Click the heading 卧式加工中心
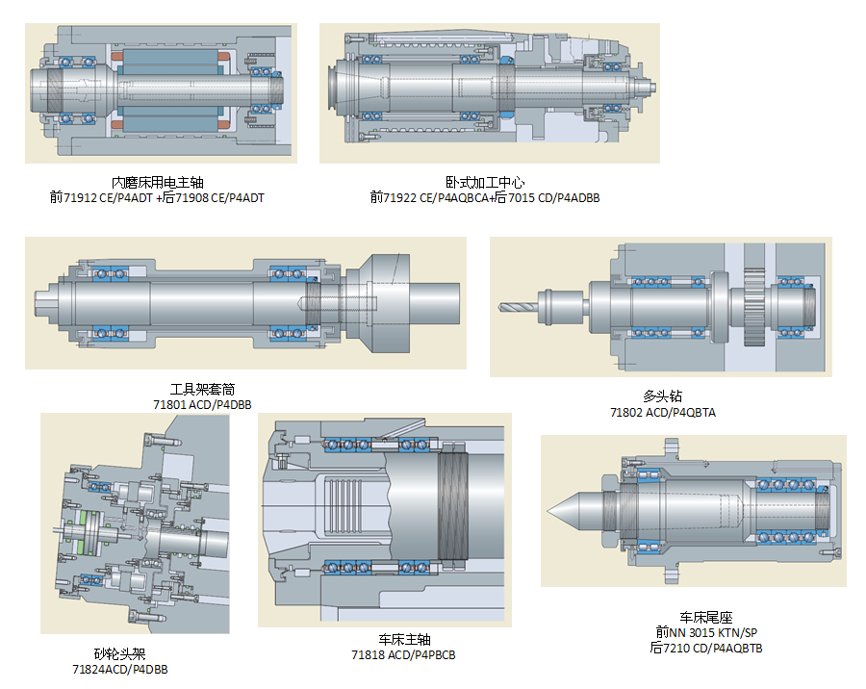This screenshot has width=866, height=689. (x=485, y=182)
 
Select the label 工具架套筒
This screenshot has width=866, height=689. (x=202, y=390)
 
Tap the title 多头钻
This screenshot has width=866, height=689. (x=662, y=396)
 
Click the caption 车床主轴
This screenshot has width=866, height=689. (x=404, y=640)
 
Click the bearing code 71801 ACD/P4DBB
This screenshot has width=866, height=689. (x=202, y=405)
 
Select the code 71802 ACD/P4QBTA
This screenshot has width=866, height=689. (x=662, y=412)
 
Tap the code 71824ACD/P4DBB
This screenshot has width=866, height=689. (x=119, y=669)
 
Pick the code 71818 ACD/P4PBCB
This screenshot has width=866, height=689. (x=403, y=655)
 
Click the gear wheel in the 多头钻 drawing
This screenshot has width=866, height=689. (x=757, y=308)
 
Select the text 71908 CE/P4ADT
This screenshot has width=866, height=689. (x=216, y=197)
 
